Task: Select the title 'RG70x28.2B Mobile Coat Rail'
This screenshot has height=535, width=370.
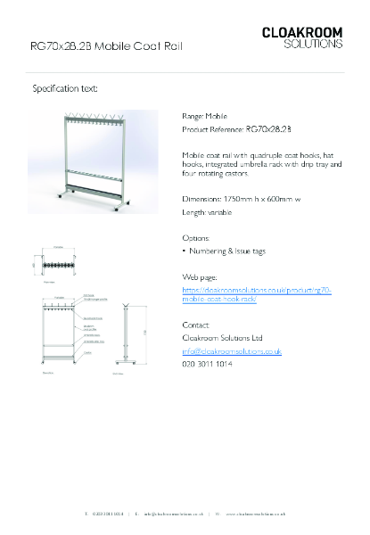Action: coord(107,45)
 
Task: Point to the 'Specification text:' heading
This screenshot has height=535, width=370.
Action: coord(65,89)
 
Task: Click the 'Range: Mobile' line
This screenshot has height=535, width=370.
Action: coord(204,116)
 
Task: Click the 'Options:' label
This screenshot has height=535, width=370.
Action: coord(196,238)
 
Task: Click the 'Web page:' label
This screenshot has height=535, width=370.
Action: coord(199,277)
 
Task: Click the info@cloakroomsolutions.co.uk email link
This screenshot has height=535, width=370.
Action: coord(232,352)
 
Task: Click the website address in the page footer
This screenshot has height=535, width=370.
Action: coord(255,514)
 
